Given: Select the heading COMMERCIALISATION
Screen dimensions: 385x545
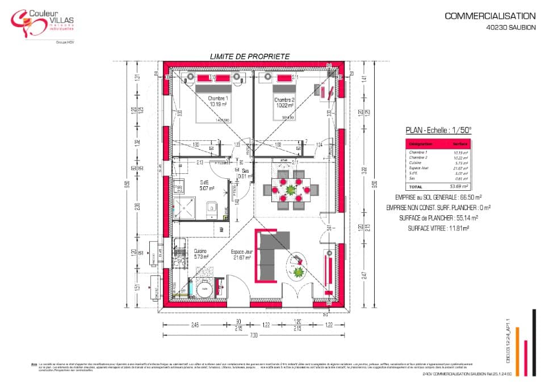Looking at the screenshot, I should coord(490,16).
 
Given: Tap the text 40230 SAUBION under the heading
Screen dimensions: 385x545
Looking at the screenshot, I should coord(510,27).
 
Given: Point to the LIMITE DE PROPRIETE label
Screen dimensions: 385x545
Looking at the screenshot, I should coord(250,56).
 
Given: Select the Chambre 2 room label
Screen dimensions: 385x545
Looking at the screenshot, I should coord(283,102).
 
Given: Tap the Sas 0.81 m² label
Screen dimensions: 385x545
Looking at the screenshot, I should coord(245,173).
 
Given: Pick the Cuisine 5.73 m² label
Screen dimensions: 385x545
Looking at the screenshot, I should coord(201,253).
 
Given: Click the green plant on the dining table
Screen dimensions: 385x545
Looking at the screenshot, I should coord(291,189).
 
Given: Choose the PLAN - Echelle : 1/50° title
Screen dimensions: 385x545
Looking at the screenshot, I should coord(438,130).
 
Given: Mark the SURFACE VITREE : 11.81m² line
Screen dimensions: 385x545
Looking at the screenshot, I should coord(438,228).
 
